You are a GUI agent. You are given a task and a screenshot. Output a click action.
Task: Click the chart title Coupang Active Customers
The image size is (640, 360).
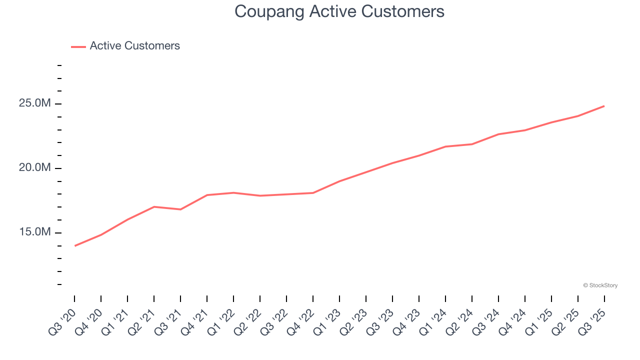coord(339,11)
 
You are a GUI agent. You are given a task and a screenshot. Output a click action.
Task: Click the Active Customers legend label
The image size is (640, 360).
coord(134,46)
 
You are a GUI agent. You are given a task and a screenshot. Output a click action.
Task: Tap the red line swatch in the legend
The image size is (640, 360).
coord(78,46)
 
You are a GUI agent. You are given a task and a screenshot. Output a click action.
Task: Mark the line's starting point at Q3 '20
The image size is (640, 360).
coord(74,245)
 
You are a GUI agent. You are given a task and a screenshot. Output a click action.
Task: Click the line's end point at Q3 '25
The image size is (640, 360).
coord(604,106)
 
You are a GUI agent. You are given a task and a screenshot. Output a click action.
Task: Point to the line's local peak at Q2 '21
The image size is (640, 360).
coord(154,206)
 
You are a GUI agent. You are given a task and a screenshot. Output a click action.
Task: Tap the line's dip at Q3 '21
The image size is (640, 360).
coord(180,209)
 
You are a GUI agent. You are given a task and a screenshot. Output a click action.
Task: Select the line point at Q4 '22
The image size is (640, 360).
coord(313,192)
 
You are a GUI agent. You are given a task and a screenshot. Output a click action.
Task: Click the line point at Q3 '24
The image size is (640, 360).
coord(498,134)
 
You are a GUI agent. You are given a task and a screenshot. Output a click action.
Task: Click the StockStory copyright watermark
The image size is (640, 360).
coord(600,285)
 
